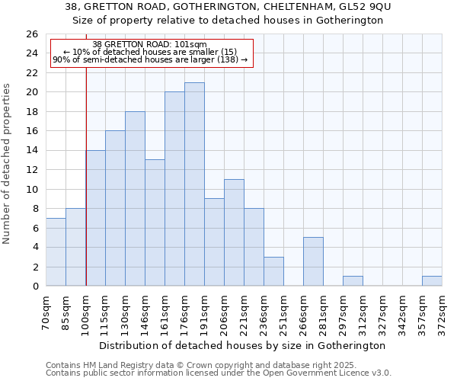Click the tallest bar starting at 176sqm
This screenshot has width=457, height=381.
click(x=194, y=184)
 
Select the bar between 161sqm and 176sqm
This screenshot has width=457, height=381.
click(x=174, y=189)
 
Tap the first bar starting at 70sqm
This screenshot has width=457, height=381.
click(x=56, y=252)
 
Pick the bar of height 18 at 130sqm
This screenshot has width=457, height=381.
click(x=135, y=199)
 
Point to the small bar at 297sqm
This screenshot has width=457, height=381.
click(x=353, y=281)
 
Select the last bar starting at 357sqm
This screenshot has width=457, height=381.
click(x=432, y=281)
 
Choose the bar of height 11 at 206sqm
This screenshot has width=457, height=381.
click(x=234, y=232)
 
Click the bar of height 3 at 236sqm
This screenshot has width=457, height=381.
click(x=273, y=271)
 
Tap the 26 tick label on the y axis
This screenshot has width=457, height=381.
click(x=31, y=34)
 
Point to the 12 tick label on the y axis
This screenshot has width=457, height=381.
click(x=31, y=170)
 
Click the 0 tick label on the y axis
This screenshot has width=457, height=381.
click(x=34, y=287)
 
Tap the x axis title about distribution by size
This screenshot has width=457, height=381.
click(x=244, y=345)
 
